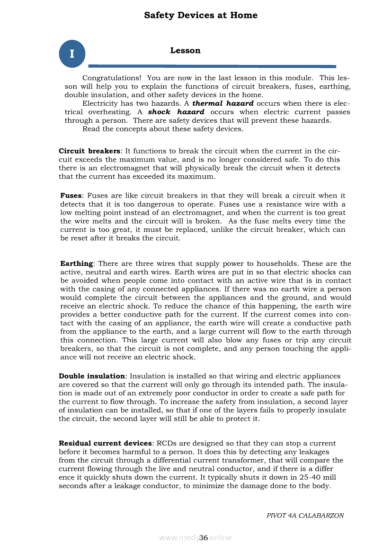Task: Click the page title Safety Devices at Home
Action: (x=201, y=15)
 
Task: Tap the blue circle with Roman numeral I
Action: (x=72, y=54)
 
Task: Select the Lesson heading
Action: (x=185, y=50)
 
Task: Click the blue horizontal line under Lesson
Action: (x=212, y=66)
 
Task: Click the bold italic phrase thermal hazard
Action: (x=223, y=103)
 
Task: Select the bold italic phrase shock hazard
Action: (x=176, y=112)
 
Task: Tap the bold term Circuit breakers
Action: (x=89, y=151)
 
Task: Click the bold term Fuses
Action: (x=71, y=196)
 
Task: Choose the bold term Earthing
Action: (x=77, y=263)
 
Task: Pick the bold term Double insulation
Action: (x=92, y=376)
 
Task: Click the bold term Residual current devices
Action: (x=105, y=444)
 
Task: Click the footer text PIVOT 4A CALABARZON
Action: (x=305, y=516)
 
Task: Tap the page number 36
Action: (x=204, y=537)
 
